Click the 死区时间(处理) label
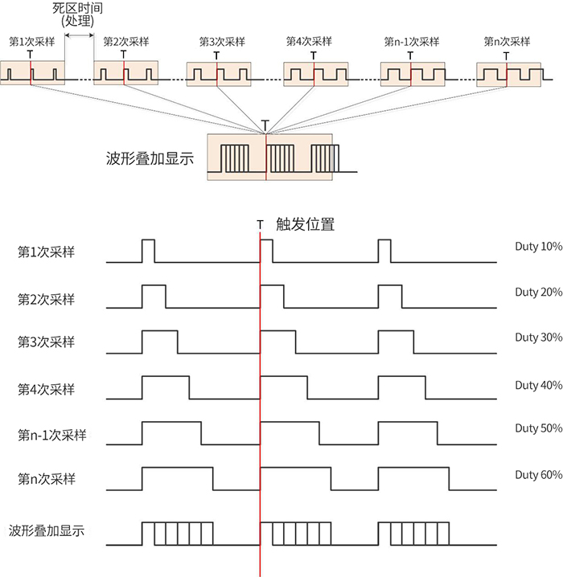77,14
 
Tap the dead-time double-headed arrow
79,35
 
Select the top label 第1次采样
32,42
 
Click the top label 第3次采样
222,42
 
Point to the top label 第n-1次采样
412,42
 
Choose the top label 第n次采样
507,42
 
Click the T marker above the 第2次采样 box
123,55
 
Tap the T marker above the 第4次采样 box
314,55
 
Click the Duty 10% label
539,246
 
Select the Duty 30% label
539,337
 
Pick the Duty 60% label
539,475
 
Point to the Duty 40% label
539,385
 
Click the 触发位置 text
306,224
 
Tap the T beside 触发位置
261,225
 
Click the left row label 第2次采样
47,299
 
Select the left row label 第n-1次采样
52,435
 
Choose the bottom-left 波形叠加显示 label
47,530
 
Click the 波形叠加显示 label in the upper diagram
150,158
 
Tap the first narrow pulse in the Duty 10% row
148,251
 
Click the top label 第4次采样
310,41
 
